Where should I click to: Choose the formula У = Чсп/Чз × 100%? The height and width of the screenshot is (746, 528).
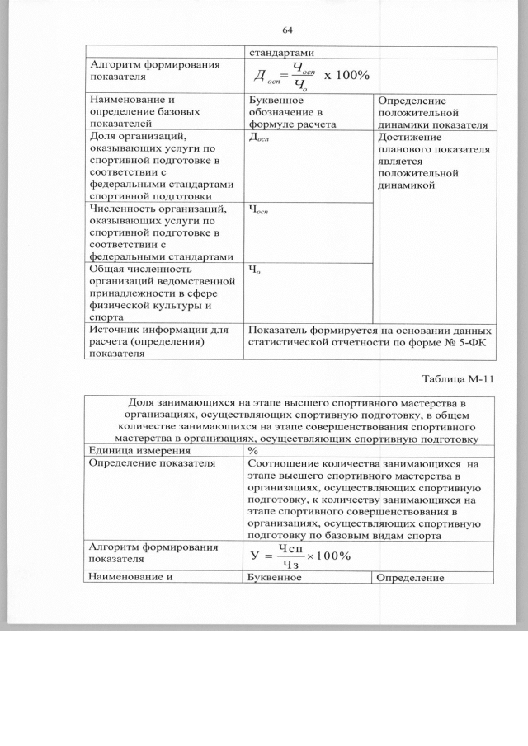pos(301,556)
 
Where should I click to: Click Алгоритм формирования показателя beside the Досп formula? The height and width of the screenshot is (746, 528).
pos(144,71)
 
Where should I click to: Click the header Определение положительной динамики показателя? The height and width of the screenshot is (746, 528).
pos(434,111)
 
